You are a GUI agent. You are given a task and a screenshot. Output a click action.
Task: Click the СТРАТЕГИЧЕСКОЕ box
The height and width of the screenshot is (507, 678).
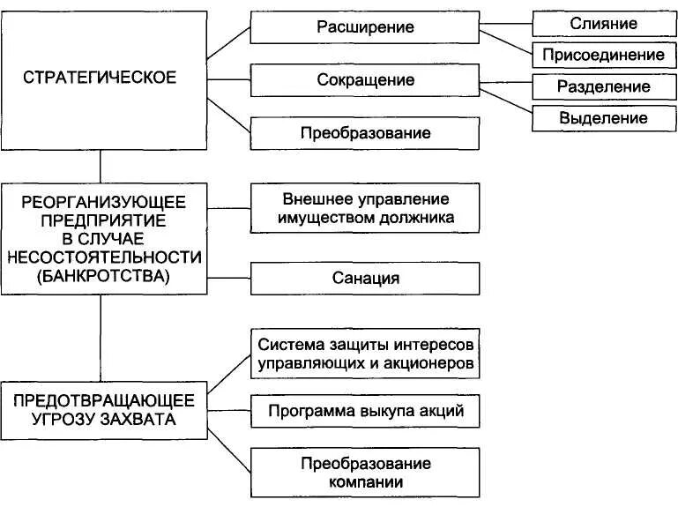[x=100, y=78]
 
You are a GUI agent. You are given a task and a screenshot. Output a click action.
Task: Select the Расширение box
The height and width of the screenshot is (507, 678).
[x=365, y=27]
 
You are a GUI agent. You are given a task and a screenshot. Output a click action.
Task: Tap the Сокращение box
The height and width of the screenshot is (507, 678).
[x=365, y=80]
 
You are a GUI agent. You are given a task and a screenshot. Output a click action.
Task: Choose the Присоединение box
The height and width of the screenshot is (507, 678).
[x=604, y=55]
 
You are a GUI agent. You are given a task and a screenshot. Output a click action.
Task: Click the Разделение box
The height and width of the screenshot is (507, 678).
[x=604, y=86]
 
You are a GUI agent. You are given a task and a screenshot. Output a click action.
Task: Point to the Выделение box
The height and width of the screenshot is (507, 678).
[x=604, y=118]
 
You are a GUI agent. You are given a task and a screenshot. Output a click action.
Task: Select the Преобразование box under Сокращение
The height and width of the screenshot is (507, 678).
[x=365, y=133]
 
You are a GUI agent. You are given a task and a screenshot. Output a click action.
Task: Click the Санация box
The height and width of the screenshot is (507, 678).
[x=365, y=279]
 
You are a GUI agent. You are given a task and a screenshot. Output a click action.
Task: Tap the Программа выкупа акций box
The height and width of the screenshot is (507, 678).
[x=365, y=411]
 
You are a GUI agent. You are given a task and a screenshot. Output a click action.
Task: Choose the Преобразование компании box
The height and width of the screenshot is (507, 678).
[x=365, y=473]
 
